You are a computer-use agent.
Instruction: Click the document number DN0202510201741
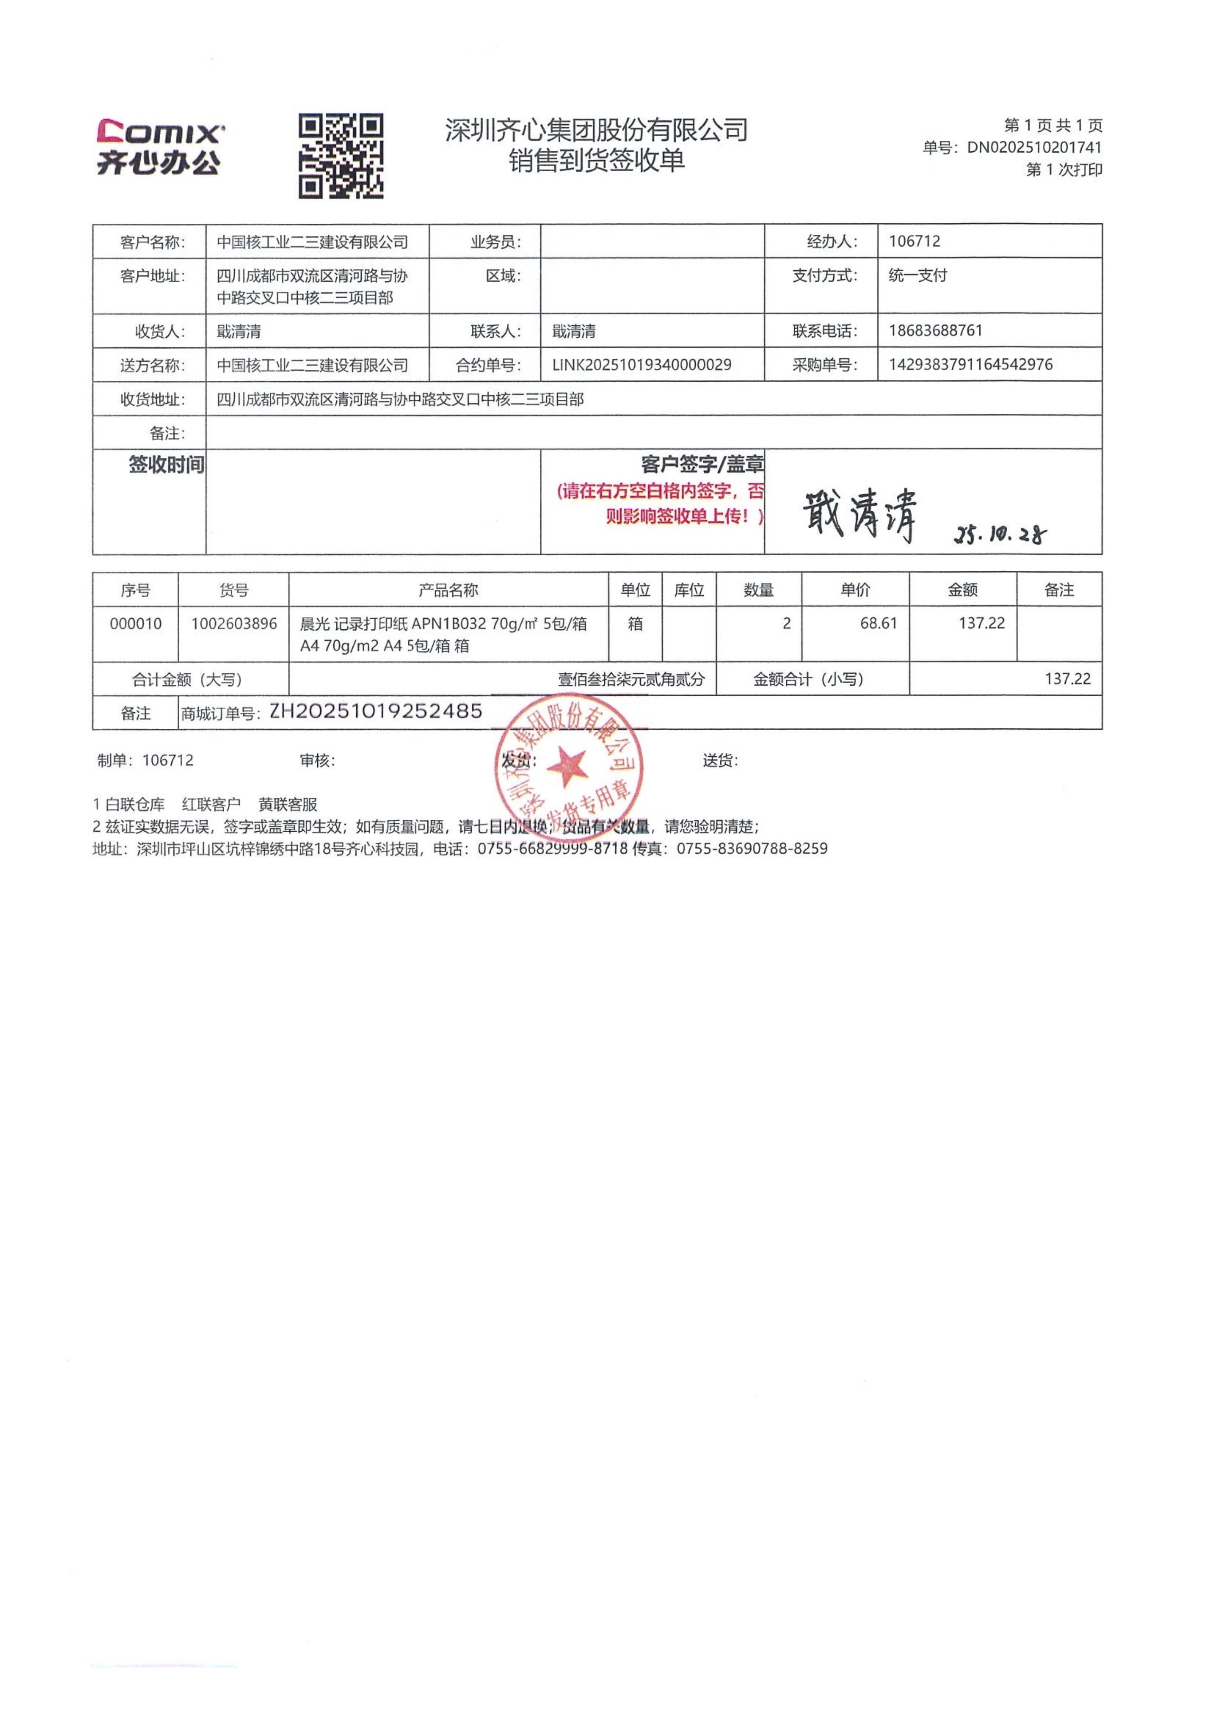pyautogui.click(x=1034, y=148)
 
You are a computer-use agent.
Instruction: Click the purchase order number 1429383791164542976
pyautogui.click(x=970, y=365)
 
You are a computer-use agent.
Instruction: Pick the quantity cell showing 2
pyautogui.click(x=786, y=623)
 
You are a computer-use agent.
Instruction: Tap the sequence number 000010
pyautogui.click(x=135, y=623)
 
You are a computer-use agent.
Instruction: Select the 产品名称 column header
pyautogui.click(x=448, y=590)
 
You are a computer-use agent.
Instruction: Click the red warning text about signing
pyautogui.click(x=661, y=504)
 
